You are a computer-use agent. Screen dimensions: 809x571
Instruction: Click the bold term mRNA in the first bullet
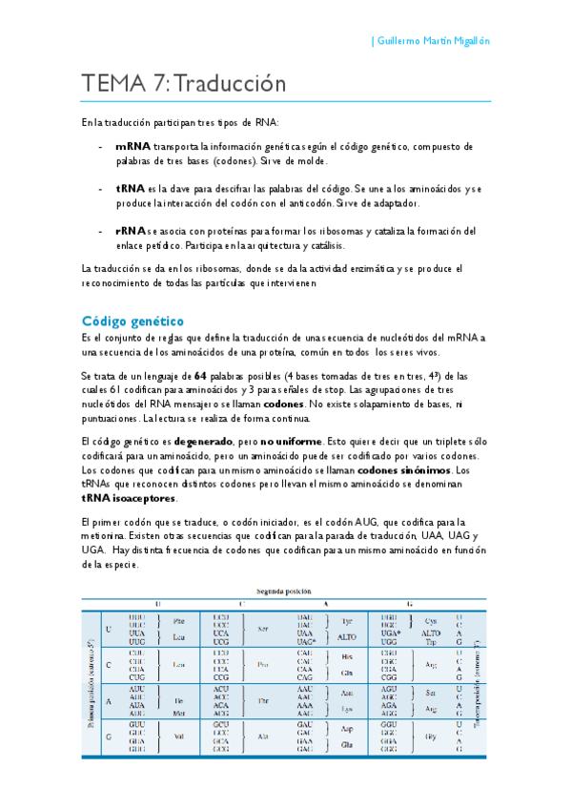[x=133, y=146]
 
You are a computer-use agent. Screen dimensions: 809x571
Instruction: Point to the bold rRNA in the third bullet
[x=132, y=231]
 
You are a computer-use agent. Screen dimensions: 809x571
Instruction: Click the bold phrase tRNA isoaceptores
[x=129, y=498]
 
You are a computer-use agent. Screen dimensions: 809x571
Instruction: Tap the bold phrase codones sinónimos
[x=405, y=470]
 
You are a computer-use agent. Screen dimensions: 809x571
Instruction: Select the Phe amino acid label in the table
[x=178, y=621]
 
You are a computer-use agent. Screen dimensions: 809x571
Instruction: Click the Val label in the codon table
[x=178, y=736]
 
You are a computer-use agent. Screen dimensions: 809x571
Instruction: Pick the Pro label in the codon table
[x=262, y=664]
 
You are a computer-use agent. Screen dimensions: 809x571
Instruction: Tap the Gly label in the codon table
[x=430, y=736]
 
